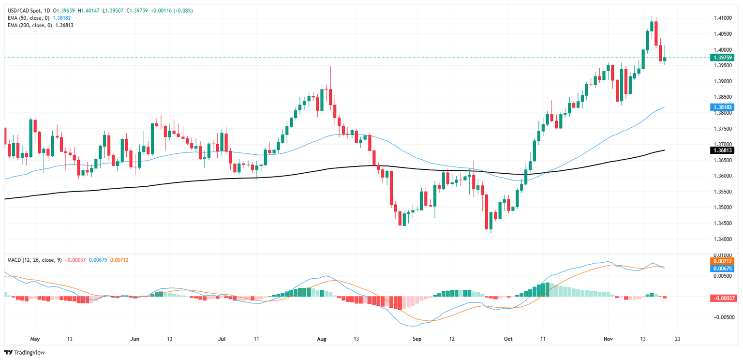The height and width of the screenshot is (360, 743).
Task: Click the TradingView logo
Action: click(x=26, y=353)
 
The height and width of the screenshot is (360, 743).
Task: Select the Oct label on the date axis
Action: click(x=508, y=339)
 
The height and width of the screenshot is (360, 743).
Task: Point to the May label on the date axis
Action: click(x=34, y=339)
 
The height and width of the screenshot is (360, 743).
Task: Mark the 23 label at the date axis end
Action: click(x=676, y=339)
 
